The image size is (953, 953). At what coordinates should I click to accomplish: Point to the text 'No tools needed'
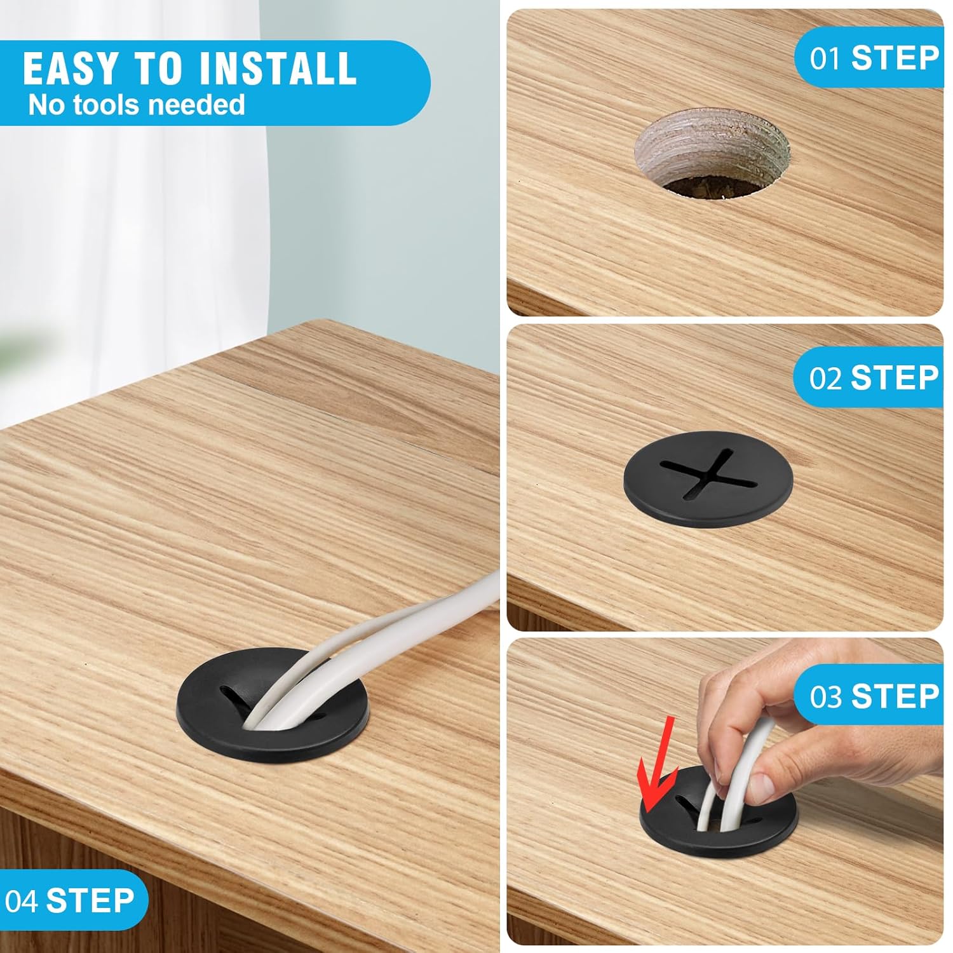tap(137, 104)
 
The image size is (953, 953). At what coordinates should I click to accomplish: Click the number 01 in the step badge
tap(825, 59)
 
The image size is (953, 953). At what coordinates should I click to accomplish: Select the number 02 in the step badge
tap(825, 379)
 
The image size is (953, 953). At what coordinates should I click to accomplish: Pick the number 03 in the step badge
tap(825, 697)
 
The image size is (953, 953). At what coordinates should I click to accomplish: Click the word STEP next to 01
tap(895, 58)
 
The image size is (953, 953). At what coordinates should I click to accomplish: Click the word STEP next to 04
tap(90, 901)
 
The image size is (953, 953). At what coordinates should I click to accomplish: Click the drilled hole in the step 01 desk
tap(712, 153)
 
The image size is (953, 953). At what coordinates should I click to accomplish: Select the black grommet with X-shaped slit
tap(699, 478)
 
